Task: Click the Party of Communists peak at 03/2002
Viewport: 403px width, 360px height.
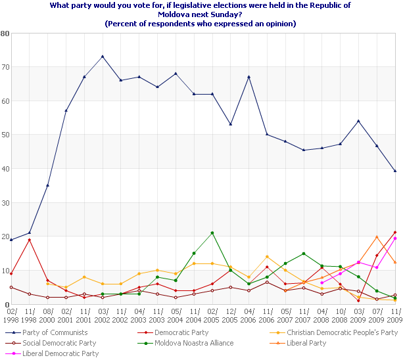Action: pos(103,56)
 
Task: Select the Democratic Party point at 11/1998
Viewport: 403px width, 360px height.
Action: pos(30,240)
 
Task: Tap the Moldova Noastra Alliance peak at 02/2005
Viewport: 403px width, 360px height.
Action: pos(212,233)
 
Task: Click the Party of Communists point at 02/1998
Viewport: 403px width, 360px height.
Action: pos(11,240)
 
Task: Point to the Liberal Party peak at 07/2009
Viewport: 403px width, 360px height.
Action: pos(377,236)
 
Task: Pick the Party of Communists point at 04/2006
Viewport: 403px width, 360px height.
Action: pos(249,77)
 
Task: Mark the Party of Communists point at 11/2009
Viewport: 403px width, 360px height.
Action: pos(395,171)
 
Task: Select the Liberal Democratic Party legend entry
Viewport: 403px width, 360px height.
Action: pos(59,353)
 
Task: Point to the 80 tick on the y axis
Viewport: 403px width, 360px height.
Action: pos(5,33)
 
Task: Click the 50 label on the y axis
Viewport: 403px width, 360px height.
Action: pos(5,135)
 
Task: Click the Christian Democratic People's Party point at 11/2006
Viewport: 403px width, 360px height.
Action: pos(267,257)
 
